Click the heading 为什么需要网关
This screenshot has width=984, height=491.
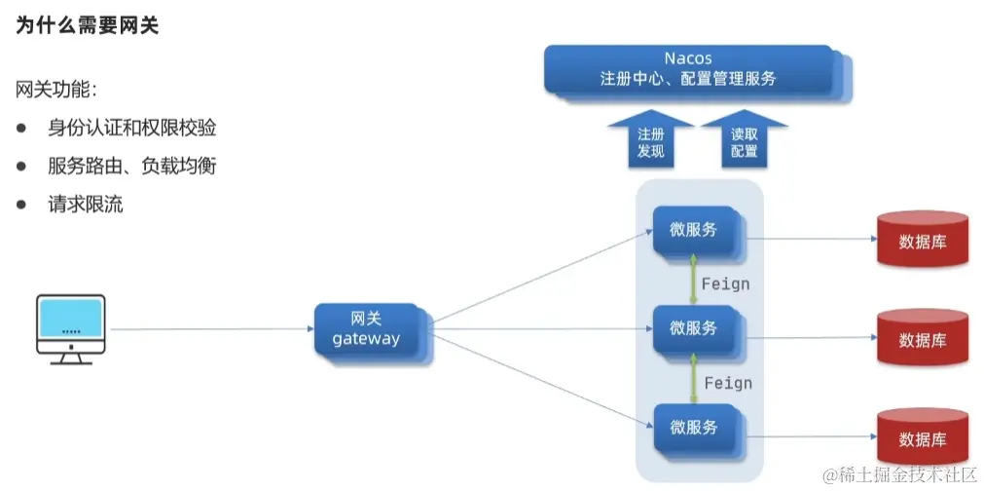88,26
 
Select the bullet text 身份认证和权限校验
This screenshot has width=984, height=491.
131,129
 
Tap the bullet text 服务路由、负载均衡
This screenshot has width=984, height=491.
131,167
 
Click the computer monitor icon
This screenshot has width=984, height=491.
70,328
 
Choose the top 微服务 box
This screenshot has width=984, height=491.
695,230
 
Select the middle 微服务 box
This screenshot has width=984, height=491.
695,328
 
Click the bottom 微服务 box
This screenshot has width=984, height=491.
695,427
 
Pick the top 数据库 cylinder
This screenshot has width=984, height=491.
922,242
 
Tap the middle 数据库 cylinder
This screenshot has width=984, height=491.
922,340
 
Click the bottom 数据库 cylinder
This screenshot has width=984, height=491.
922,438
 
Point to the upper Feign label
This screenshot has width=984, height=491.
726,283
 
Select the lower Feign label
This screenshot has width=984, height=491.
728,383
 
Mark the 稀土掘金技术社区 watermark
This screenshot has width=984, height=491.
899,475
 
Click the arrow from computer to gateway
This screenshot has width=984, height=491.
209,329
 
